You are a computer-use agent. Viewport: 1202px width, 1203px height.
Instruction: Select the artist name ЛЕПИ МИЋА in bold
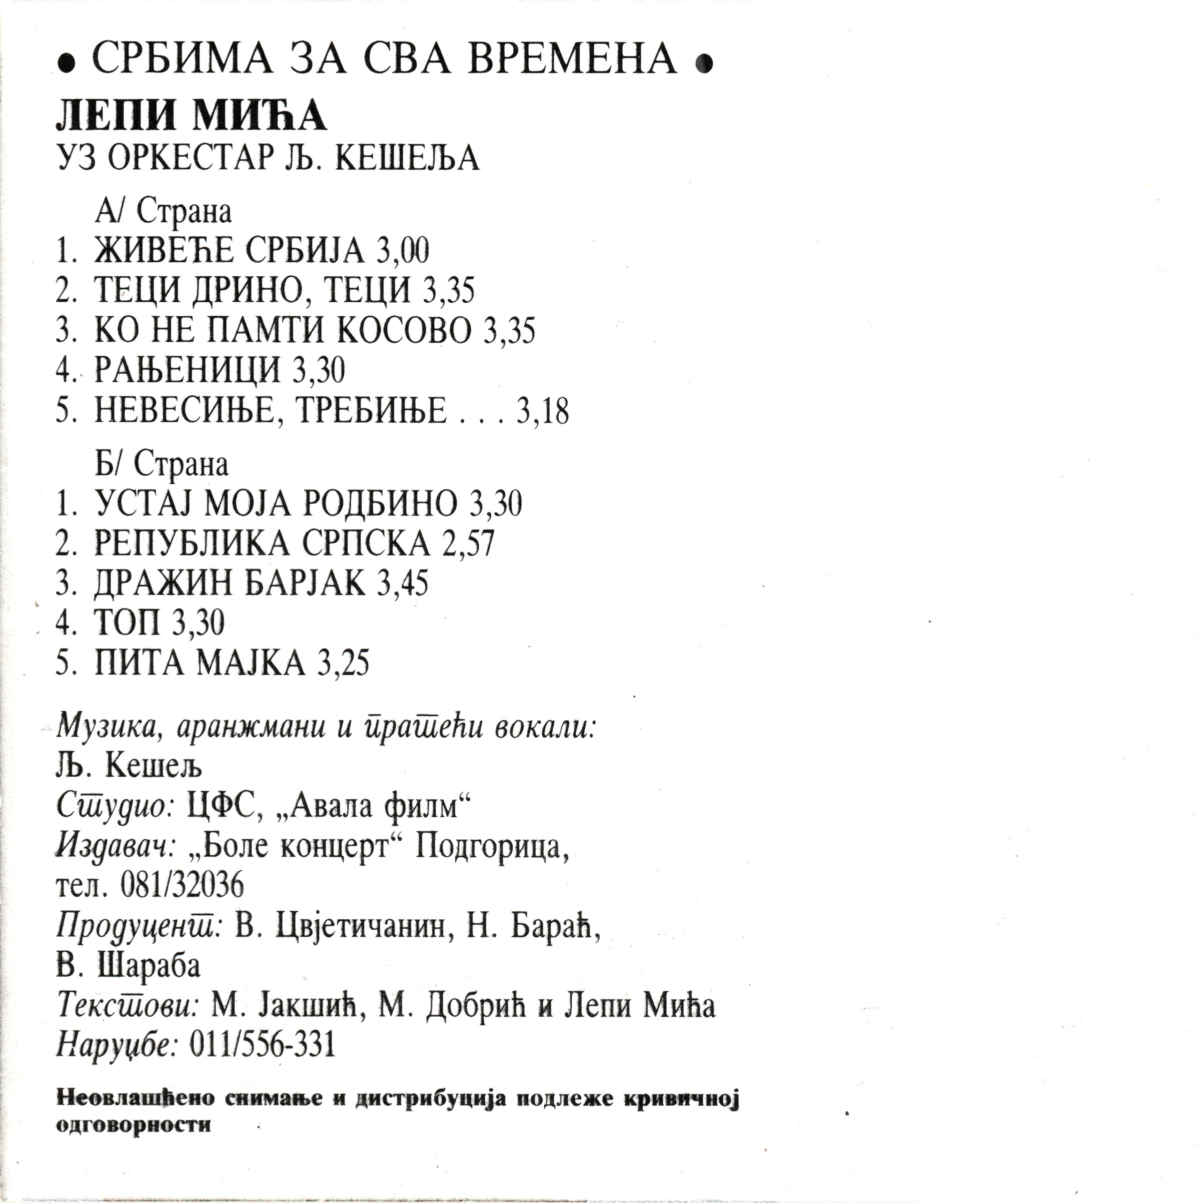click(x=191, y=116)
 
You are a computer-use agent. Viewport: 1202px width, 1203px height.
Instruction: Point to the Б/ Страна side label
click(x=162, y=464)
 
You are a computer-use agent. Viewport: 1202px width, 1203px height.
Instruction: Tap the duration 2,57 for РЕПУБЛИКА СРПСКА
click(x=468, y=544)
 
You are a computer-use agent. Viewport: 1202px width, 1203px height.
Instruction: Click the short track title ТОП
click(x=127, y=622)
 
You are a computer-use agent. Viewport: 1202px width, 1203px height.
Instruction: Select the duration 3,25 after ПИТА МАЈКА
click(x=343, y=662)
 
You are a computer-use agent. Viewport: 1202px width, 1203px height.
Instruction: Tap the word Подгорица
click(x=491, y=847)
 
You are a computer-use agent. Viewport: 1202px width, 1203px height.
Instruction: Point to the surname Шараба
click(x=149, y=966)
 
